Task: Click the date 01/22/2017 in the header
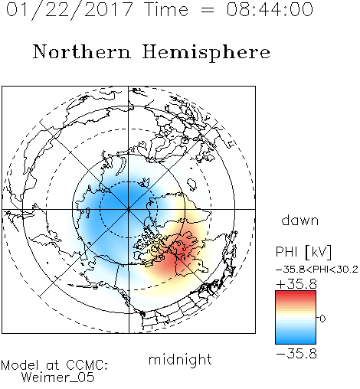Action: (70, 10)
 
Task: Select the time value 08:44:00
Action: (270, 10)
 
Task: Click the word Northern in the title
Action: (82, 52)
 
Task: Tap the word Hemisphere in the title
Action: (206, 53)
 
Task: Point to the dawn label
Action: (300, 221)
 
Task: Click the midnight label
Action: (180, 359)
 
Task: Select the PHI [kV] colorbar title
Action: (303, 252)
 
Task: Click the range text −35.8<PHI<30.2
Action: (317, 270)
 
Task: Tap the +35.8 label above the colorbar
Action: (296, 284)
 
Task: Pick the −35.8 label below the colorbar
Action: (296, 354)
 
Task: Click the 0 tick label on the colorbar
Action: (322, 319)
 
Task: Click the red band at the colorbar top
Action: (296, 294)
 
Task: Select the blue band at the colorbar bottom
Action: (296, 341)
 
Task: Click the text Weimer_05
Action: (58, 377)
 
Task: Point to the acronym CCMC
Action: (87, 365)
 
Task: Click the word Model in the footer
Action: (20, 365)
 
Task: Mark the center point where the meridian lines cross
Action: (129, 209)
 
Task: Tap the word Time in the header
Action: (166, 10)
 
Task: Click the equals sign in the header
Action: (208, 10)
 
